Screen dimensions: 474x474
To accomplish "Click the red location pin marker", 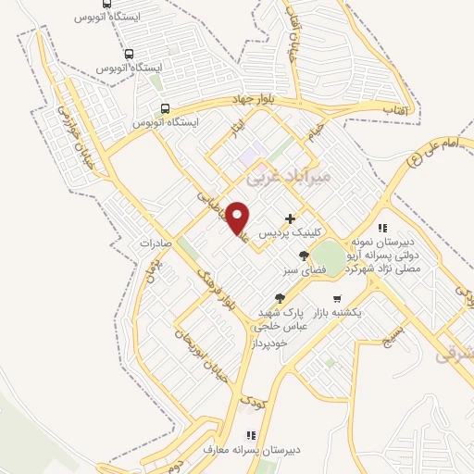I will [238, 217].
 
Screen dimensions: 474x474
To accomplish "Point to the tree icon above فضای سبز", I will [304, 256].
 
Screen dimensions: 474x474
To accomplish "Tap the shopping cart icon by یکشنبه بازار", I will [336, 299].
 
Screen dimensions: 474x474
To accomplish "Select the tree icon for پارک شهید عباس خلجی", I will [279, 298].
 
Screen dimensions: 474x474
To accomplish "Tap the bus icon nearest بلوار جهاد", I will [165, 107].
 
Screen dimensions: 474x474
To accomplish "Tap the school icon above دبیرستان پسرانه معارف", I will [249, 434].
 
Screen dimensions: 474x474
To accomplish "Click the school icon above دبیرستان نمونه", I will [381, 229].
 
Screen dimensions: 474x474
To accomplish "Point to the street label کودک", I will [252, 403].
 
